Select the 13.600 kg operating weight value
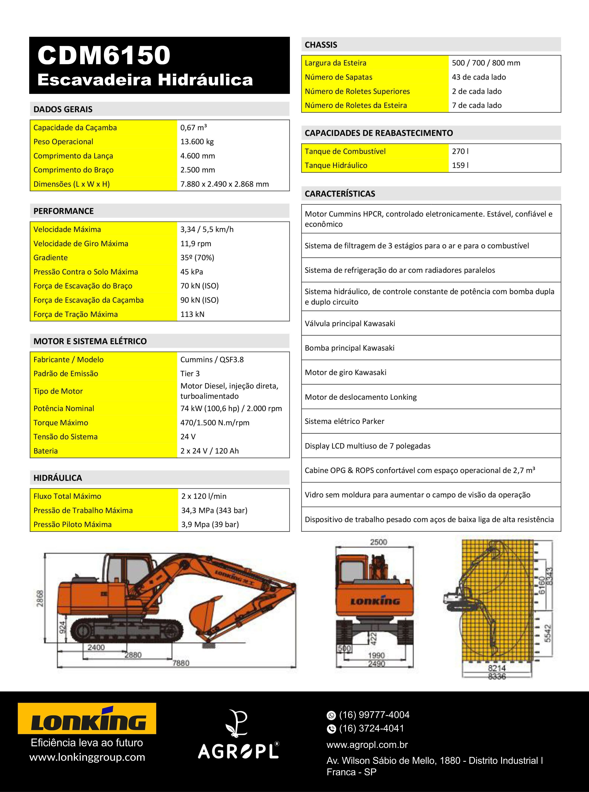coord(197,142)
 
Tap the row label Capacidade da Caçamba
coord(75,128)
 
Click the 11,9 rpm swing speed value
coord(195,244)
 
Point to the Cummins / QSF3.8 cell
coord(212,360)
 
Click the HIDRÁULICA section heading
coord(58,478)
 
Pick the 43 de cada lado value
coord(478,77)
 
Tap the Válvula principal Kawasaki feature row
coord(350,323)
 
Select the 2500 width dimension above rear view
coord(378,542)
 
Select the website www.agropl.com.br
coord(367,745)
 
